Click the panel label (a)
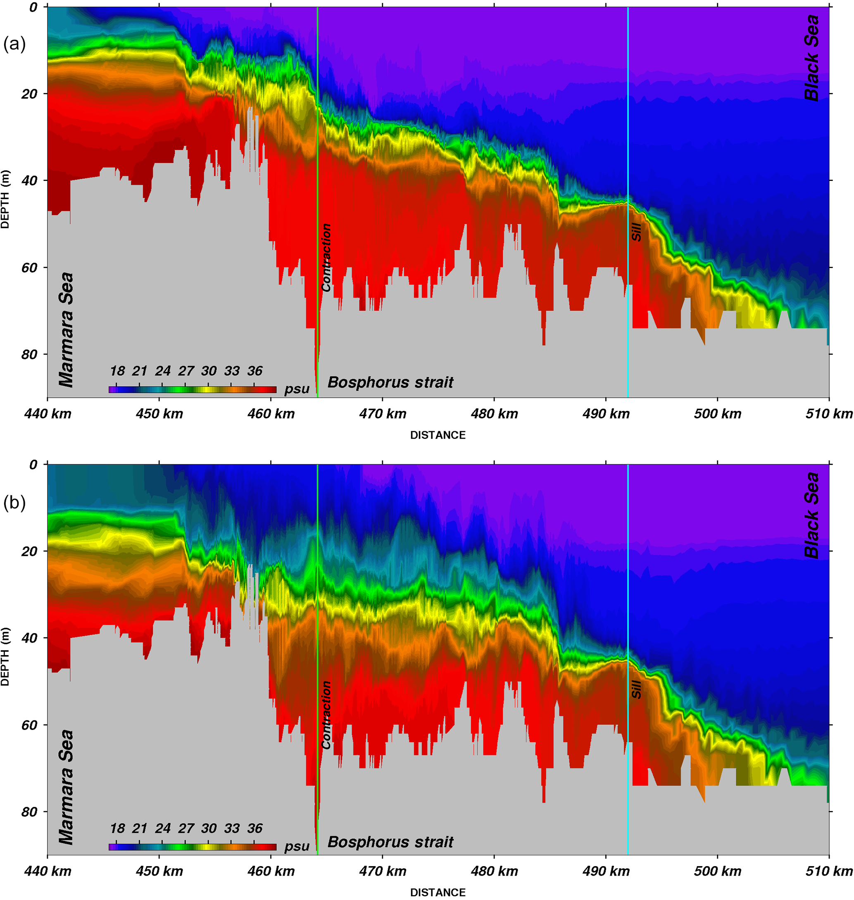point(14,44)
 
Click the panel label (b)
point(14,502)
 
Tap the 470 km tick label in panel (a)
point(383,413)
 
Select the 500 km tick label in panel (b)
point(717,871)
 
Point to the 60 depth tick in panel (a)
point(30,268)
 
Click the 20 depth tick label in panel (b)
point(30,551)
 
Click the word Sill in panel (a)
point(636,232)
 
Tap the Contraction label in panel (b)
point(326,715)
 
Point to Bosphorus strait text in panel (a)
point(390,382)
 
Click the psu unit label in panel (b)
point(297,846)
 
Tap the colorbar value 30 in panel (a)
point(209,371)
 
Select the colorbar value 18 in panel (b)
point(117,828)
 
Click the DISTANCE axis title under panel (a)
point(438,435)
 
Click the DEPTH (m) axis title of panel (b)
point(5,657)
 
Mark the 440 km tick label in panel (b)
point(48,871)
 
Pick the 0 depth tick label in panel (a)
point(33,7)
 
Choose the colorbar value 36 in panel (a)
point(255,371)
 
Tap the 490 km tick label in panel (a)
point(606,413)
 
